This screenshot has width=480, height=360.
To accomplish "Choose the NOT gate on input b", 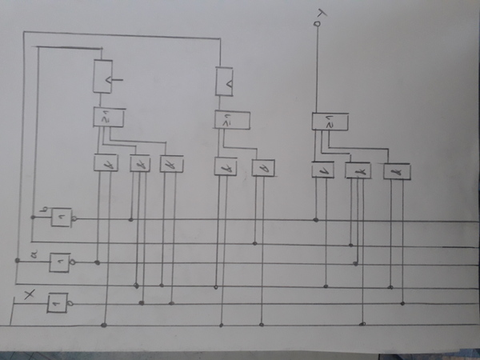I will [62, 218].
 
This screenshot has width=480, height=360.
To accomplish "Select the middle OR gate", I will [233, 121].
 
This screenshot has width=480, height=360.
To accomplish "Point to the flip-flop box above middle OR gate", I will [225, 80].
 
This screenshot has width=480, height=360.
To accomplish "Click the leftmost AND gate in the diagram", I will [106, 163].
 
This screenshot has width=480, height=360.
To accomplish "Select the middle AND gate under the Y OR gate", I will [358, 170].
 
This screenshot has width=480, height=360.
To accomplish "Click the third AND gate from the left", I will [170, 164].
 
